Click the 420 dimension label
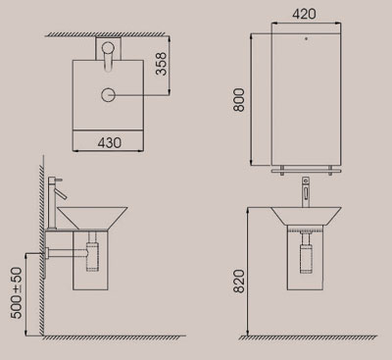pyautogui.click(x=304, y=14)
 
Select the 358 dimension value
pyautogui.click(x=161, y=64)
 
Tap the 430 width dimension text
pyautogui.click(x=110, y=142)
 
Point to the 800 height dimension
pyautogui.click(x=239, y=100)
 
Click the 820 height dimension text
pyautogui.click(x=239, y=282)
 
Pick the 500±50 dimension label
pyautogui.click(x=17, y=292)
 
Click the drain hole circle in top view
pyautogui.click(x=108, y=95)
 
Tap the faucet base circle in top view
pyautogui.click(x=108, y=48)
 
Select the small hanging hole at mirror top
pyautogui.click(x=306, y=38)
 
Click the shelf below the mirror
pyautogui.click(x=306, y=171)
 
